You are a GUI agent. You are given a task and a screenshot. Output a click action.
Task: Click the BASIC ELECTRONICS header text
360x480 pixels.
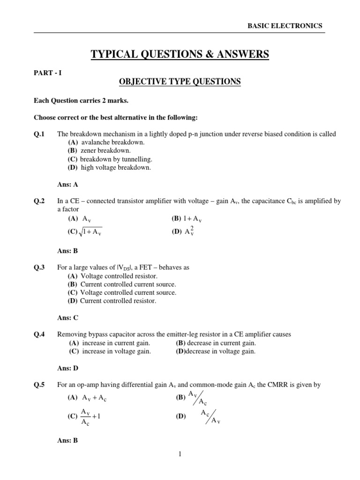pyautogui.click(x=285, y=26)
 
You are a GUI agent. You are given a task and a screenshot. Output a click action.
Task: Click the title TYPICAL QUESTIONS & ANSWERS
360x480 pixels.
pyautogui.click(x=180, y=55)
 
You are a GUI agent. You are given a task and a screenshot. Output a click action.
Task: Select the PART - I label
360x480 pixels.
pyautogui.click(x=47, y=73)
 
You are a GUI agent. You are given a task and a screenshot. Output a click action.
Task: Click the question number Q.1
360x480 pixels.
pyautogui.click(x=39, y=134)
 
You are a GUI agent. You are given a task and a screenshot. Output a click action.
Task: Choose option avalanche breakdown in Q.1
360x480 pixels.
pyautogui.click(x=106, y=142)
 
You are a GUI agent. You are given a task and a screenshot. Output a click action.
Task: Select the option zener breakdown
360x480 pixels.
pyautogui.click(x=99, y=150)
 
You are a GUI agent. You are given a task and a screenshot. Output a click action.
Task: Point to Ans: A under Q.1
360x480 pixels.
pyautogui.click(x=67, y=184)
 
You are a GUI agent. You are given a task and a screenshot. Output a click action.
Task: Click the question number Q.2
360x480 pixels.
pyautogui.click(x=39, y=201)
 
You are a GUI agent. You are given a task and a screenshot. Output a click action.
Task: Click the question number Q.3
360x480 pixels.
pyautogui.click(x=39, y=268)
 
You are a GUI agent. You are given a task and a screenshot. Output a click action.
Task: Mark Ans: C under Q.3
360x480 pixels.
pyautogui.click(x=67, y=318)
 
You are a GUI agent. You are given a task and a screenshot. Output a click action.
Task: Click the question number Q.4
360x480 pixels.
pyautogui.click(x=39, y=335)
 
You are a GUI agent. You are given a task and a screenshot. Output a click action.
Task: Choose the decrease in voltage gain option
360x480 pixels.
pyautogui.click(x=216, y=352)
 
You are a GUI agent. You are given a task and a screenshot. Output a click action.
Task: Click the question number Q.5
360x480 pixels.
pyautogui.click(x=39, y=385)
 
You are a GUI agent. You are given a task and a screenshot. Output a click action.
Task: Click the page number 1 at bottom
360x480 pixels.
pyautogui.click(x=180, y=454)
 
